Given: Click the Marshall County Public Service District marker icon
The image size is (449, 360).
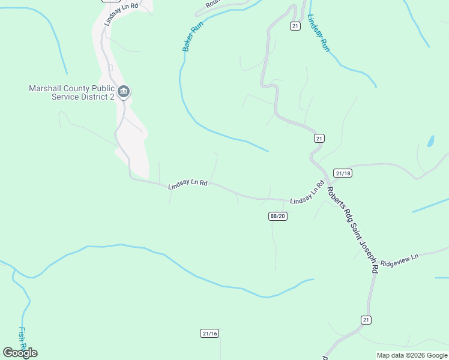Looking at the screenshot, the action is (x=124, y=92).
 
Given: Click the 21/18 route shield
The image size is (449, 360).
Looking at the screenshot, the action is (x=343, y=173).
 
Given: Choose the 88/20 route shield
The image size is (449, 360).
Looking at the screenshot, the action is (x=278, y=216).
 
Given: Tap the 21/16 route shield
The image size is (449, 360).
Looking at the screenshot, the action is (x=209, y=333).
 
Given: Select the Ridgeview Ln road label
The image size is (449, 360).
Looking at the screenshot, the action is (x=399, y=259).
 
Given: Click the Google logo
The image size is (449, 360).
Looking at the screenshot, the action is (x=20, y=352).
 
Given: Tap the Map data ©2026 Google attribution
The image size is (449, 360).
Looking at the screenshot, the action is (x=411, y=355).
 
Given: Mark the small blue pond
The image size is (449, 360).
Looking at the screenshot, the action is (x=430, y=142).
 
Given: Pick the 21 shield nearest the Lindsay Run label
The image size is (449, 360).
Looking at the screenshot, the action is (x=295, y=26).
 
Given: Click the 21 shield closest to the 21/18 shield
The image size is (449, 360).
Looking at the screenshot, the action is (x=319, y=138).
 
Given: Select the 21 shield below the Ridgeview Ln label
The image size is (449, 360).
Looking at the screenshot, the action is (x=366, y=319).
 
